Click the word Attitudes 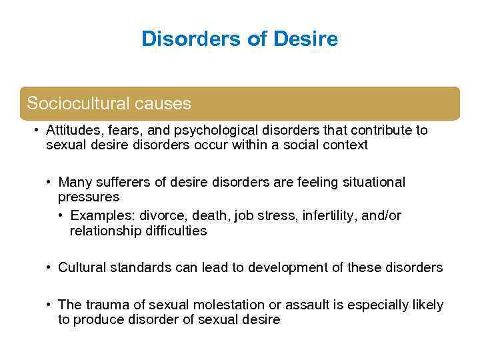click(71, 130)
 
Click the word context click(344, 145)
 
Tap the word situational click(373, 182)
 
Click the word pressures click(89, 197)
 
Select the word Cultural click(80, 267)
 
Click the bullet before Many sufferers click(49, 182)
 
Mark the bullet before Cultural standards click(49, 267)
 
